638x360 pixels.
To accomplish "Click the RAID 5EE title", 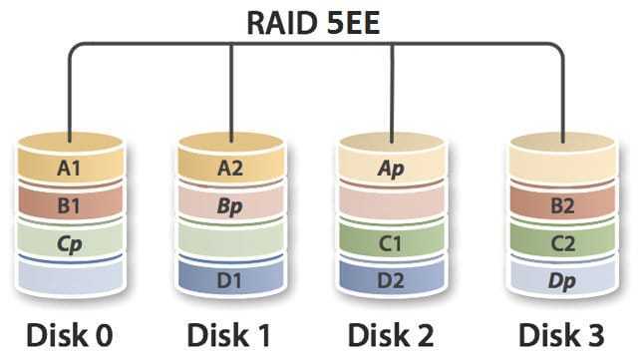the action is point(313,23).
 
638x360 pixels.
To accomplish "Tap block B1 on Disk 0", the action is point(70,203).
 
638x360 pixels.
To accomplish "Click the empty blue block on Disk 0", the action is point(70,278).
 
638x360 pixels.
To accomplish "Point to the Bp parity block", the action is point(230,203).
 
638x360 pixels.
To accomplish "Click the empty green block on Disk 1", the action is point(230,241).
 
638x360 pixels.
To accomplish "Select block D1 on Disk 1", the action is point(230,278).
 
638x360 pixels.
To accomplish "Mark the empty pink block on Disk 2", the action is point(392,203).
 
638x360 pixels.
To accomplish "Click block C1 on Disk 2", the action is point(392,241).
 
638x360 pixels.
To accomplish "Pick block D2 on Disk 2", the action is point(392,278).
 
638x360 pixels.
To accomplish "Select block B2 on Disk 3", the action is point(562,203).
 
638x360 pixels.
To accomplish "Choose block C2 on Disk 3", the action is point(562,241).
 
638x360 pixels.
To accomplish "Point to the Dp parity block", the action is point(562,278).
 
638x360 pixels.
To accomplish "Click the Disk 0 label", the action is point(69,335).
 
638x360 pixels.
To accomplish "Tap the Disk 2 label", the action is point(391,335).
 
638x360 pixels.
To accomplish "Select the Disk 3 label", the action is point(561,335).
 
